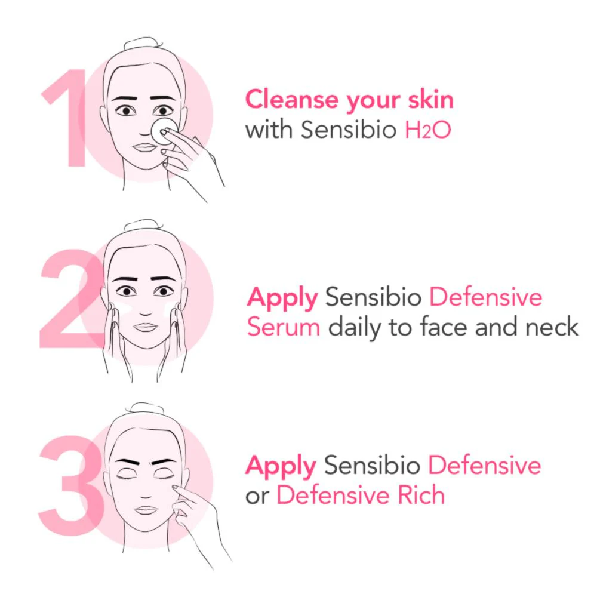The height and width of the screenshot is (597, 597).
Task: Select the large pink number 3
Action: click(72, 485)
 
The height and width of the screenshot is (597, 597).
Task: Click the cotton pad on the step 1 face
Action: click(164, 131)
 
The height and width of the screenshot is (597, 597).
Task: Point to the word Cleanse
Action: click(292, 100)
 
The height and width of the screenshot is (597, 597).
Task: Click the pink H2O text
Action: click(427, 130)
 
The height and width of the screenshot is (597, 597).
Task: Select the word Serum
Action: click(284, 327)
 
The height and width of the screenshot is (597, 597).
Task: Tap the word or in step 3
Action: click(257, 497)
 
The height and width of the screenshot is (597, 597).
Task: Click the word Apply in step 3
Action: click(281, 467)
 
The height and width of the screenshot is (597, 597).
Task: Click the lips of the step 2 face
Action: click(145, 327)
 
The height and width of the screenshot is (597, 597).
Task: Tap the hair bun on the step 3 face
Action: click(144, 408)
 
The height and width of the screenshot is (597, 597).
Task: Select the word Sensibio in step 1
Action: click(349, 130)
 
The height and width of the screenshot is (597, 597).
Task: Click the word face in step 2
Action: click(444, 327)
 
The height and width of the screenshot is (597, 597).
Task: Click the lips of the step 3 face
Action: click(146, 510)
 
